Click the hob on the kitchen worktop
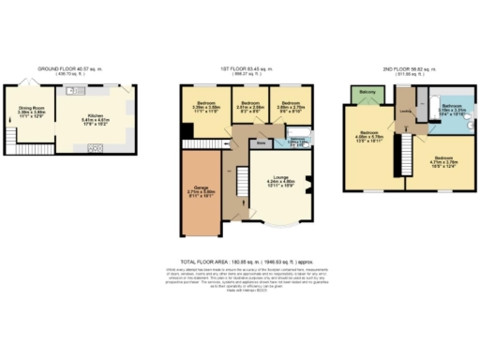point(95,148)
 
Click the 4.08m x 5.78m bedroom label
point(369,142)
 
